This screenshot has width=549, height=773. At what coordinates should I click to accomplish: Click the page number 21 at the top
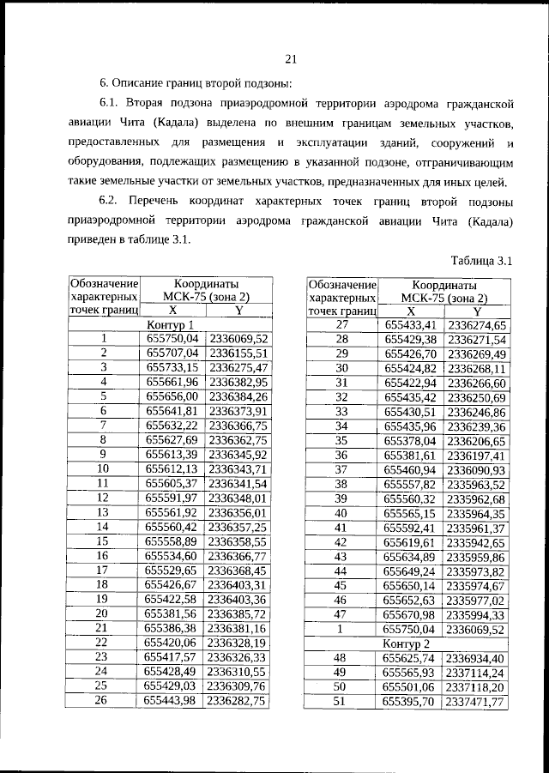(290, 59)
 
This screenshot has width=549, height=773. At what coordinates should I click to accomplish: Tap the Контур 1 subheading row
(170, 325)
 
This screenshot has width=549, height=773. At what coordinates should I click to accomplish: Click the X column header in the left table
(172, 311)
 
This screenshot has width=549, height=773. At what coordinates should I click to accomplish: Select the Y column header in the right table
(477, 311)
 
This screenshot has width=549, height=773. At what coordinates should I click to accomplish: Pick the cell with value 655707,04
(172, 353)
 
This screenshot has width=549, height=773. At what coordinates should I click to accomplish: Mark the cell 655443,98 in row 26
(172, 701)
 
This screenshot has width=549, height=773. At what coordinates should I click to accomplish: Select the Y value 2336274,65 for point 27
(477, 325)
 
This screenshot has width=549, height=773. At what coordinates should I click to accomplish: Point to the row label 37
(341, 469)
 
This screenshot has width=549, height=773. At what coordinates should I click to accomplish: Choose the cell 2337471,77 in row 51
(477, 701)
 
